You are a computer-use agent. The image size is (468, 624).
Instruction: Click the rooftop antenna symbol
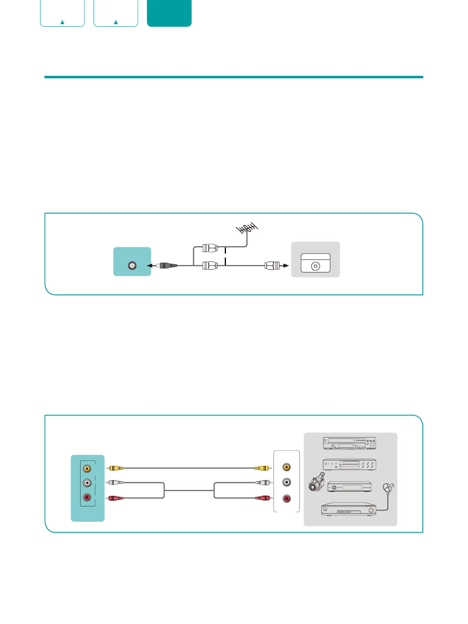[247, 228]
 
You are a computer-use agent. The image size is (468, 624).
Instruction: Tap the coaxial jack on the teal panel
[132, 266]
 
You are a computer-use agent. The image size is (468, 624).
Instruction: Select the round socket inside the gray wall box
[315, 266]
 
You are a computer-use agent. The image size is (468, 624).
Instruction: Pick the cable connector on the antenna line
[209, 248]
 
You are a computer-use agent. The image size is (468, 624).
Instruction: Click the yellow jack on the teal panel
[87, 469]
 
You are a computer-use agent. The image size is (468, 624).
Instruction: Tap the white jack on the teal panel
[87, 483]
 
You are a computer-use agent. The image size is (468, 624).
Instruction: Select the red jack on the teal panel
[87, 497]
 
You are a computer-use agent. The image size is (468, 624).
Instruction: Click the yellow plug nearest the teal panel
[115, 468]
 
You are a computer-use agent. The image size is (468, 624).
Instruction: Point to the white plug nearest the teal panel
[115, 482]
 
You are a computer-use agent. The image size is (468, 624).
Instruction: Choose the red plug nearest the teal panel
[115, 498]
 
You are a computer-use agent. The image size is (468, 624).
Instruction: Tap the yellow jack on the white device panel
[287, 467]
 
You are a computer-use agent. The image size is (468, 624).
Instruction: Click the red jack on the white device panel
[287, 499]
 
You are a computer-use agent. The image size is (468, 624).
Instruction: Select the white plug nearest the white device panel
[262, 482]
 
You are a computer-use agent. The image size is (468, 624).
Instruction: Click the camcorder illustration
[316, 482]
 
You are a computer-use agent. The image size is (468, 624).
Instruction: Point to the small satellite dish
[388, 488]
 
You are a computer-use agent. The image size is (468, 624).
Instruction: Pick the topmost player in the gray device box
[349, 443]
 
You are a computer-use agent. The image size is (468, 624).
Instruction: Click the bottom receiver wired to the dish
[349, 509]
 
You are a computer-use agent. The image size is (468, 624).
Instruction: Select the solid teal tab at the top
[169, 13]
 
